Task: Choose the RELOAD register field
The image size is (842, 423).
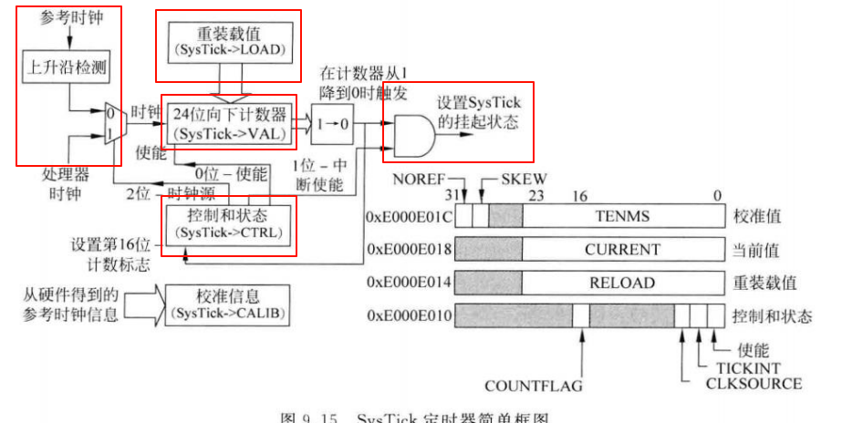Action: [x=621, y=282]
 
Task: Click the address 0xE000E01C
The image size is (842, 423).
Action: [x=409, y=217]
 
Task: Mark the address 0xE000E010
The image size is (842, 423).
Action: [x=409, y=315]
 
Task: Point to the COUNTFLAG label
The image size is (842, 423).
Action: [x=534, y=387]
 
